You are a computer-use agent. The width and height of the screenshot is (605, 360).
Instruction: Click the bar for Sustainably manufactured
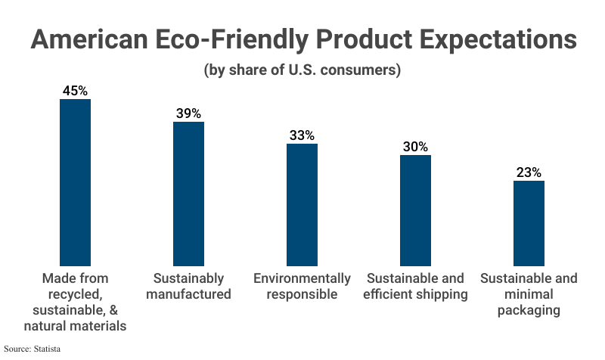click(188, 193)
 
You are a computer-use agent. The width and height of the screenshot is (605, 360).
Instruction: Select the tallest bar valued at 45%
click(75, 182)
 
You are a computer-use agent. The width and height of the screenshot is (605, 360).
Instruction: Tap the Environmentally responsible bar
click(302, 204)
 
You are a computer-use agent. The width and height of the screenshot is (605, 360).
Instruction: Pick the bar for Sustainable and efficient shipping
click(415, 209)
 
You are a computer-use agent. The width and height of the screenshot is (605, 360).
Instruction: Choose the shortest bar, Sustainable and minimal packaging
click(529, 222)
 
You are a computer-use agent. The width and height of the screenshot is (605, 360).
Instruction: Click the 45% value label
click(75, 91)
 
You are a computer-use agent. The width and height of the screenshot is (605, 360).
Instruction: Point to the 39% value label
click(188, 113)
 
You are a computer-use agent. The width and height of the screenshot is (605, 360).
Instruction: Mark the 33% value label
click(302, 135)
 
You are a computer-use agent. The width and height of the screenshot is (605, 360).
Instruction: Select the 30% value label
click(415, 147)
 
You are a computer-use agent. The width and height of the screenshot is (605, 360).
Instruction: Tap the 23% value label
click(529, 172)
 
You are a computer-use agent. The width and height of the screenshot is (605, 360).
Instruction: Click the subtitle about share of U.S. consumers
click(302, 71)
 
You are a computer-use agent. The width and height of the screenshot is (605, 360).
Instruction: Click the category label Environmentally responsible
click(302, 286)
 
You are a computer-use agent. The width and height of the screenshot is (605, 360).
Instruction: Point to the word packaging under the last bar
click(529, 310)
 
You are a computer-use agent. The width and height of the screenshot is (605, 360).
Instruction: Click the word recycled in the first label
click(73, 294)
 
